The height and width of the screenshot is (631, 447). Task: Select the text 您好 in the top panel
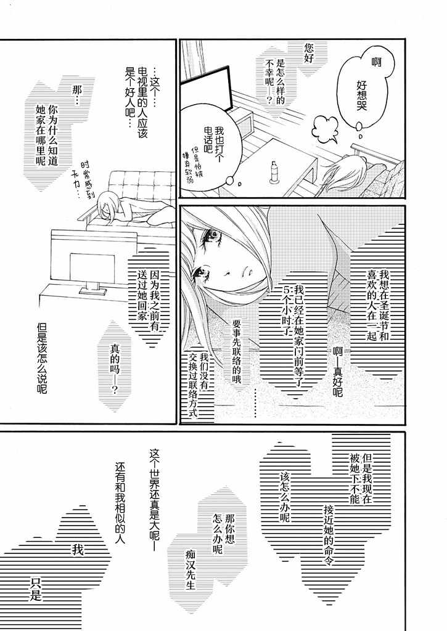coord(309,54)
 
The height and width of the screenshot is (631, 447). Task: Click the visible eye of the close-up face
coord(212,232)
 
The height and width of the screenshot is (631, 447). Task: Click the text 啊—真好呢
coord(337,372)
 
